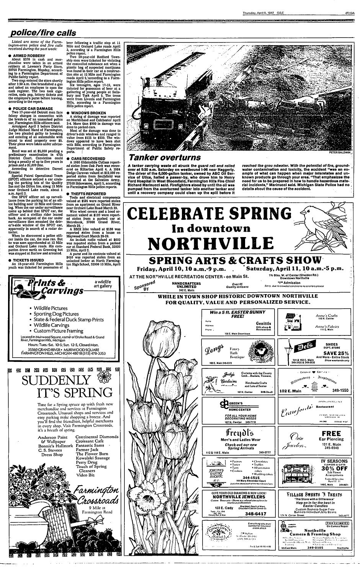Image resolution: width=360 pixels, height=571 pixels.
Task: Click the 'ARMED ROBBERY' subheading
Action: point(30,55)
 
